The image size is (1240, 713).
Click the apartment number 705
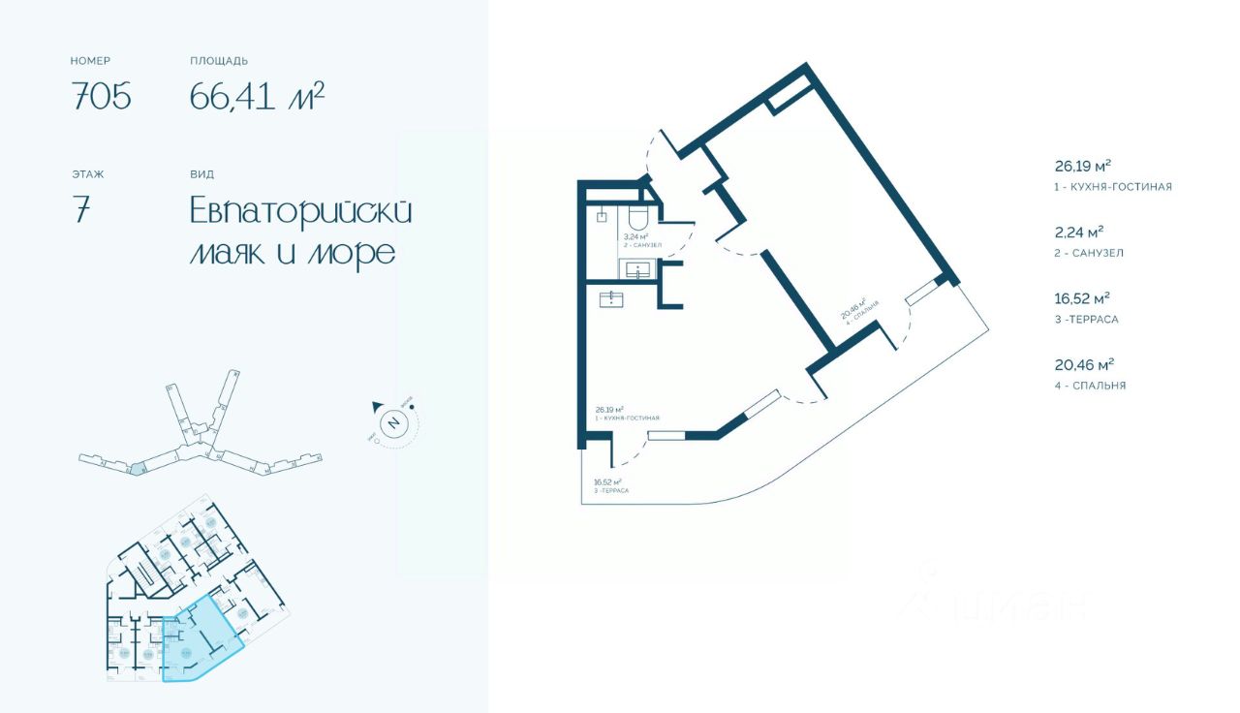click(x=101, y=97)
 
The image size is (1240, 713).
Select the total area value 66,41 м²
click(x=257, y=96)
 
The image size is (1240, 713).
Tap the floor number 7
click(x=80, y=210)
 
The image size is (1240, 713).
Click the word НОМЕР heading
click(x=90, y=61)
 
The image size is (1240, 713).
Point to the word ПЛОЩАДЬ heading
click(x=219, y=61)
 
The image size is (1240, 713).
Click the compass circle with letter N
click(x=393, y=422)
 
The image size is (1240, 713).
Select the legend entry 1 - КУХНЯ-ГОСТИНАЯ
click(x=1113, y=187)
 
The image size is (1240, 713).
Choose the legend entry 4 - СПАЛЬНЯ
click(x=1090, y=386)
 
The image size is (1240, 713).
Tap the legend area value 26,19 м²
click(x=1082, y=165)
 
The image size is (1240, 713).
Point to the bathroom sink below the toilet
click(x=639, y=268)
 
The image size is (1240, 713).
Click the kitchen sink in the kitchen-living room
click(x=611, y=298)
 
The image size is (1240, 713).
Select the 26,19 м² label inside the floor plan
click(x=609, y=410)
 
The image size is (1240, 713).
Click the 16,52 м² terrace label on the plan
click(x=606, y=481)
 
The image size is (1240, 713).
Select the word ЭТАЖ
click(x=87, y=174)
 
